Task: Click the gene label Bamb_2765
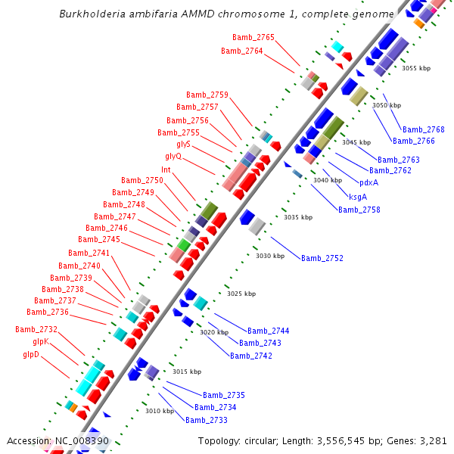coord(253,37)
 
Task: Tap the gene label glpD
coord(31,353)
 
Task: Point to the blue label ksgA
coord(358,196)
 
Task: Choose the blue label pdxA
coord(369,182)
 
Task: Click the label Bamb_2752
coord(322,258)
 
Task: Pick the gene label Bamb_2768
coord(424,129)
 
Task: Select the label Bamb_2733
coord(207,420)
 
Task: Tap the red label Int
coord(166,169)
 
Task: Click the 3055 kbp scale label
coord(415,68)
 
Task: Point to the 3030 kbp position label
coord(269,256)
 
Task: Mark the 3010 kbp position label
coord(159,411)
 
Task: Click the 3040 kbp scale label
coord(327,180)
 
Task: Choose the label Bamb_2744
coord(269,331)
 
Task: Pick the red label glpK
coord(36,341)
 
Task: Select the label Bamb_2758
coord(359,210)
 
